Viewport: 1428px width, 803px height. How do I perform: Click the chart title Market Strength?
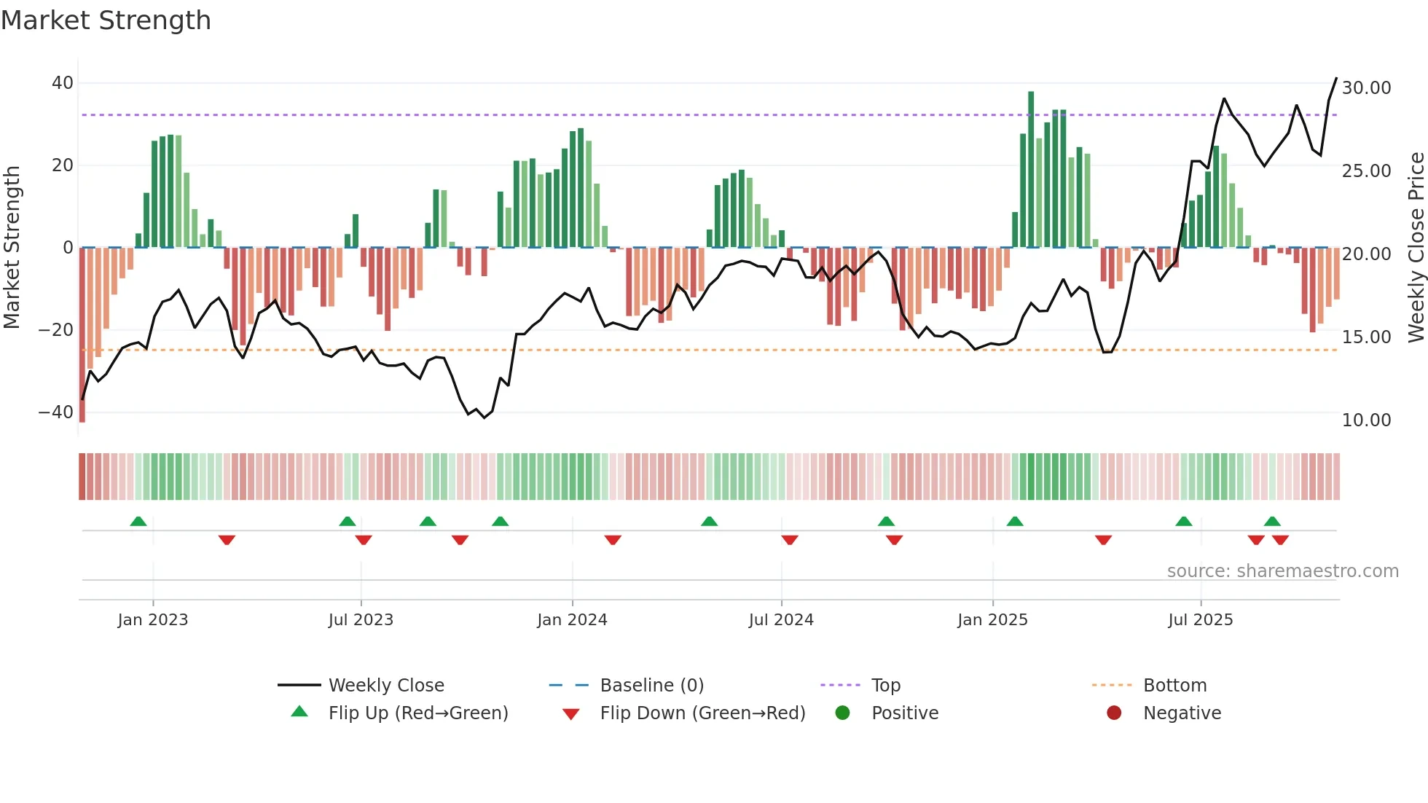click(106, 20)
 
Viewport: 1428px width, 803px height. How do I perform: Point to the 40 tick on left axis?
click(63, 83)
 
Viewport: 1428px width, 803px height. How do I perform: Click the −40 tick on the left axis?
click(56, 412)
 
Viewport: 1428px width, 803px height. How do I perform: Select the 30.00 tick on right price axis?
click(1366, 88)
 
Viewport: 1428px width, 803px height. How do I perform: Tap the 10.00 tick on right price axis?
click(1366, 420)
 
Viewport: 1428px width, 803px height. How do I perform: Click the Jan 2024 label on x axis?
click(572, 620)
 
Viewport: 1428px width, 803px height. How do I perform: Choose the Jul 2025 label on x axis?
click(1200, 620)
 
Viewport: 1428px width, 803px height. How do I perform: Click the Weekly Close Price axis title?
click(1416, 248)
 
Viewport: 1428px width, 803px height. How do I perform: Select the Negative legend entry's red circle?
click(1114, 713)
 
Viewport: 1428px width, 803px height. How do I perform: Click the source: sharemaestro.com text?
click(1282, 571)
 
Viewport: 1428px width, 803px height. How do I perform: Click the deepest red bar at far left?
click(82, 335)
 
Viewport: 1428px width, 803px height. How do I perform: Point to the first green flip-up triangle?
click(138, 521)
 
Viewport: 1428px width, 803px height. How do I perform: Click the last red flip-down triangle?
click(1280, 540)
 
